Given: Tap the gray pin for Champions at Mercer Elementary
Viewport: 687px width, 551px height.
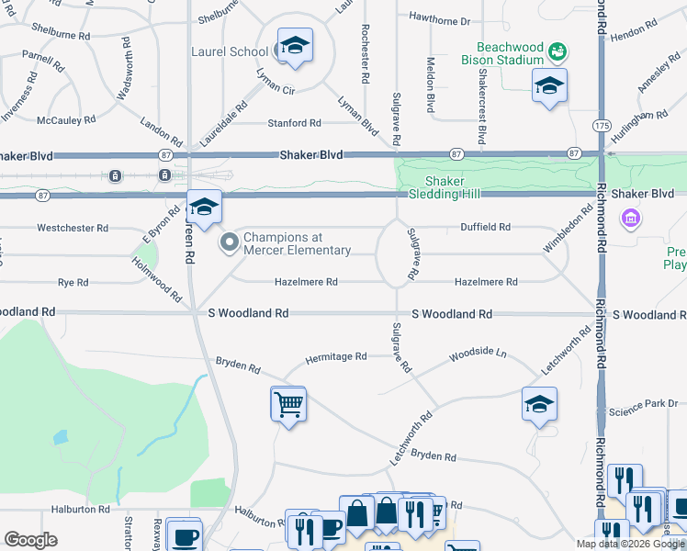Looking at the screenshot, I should coord(229,242).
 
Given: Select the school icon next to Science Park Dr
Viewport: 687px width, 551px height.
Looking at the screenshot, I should coord(539,404).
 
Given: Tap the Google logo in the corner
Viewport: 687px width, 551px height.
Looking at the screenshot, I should coord(30,540).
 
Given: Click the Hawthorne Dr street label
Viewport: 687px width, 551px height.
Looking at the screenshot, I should coord(439,20).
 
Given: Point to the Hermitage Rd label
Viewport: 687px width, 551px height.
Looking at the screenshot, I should coord(335,356).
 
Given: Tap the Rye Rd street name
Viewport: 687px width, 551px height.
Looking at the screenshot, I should coord(73,283).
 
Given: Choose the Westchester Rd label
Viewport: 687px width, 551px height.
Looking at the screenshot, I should coord(73,228).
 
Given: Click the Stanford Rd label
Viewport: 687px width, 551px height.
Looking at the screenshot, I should coord(294,123).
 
